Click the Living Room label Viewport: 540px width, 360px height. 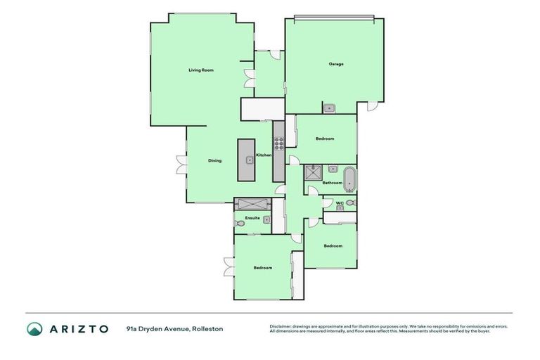200,70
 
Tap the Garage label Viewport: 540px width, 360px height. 336,64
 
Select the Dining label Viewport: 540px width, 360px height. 214,160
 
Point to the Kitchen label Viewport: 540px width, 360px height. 264,155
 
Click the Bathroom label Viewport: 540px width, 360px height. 333,183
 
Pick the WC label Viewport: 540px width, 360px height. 339,203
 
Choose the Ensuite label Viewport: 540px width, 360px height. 252,218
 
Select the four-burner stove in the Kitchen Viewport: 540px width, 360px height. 278,143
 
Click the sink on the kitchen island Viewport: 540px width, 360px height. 249,160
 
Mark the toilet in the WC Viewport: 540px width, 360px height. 350,203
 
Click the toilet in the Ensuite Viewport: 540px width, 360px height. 240,224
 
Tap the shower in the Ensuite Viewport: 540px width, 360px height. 252,204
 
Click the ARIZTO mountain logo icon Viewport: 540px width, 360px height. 34,329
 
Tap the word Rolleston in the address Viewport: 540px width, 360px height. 207,328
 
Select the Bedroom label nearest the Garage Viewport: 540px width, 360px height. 325,139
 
